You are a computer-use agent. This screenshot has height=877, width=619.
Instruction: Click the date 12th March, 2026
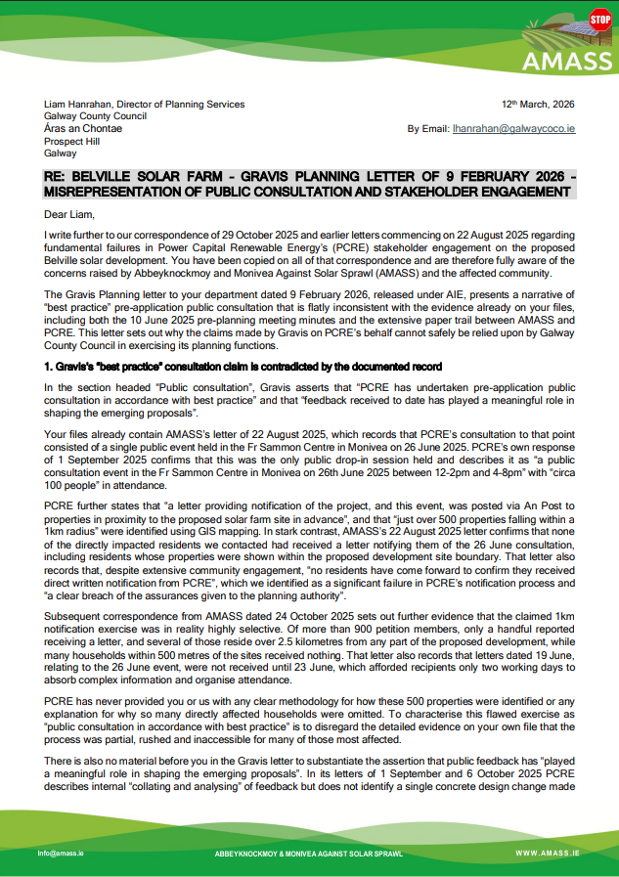pos(538,104)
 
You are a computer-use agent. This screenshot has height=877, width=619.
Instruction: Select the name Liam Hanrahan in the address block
pos(81,104)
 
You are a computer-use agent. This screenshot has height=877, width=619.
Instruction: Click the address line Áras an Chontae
pos(83,128)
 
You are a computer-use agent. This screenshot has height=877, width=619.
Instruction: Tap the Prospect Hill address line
pos(71,141)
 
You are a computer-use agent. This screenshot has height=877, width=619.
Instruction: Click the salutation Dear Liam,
pos(71,212)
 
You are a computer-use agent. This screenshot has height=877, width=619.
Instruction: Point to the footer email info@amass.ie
pos(62,854)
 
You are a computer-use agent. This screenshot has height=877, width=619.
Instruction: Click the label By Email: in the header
pos(427,128)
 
